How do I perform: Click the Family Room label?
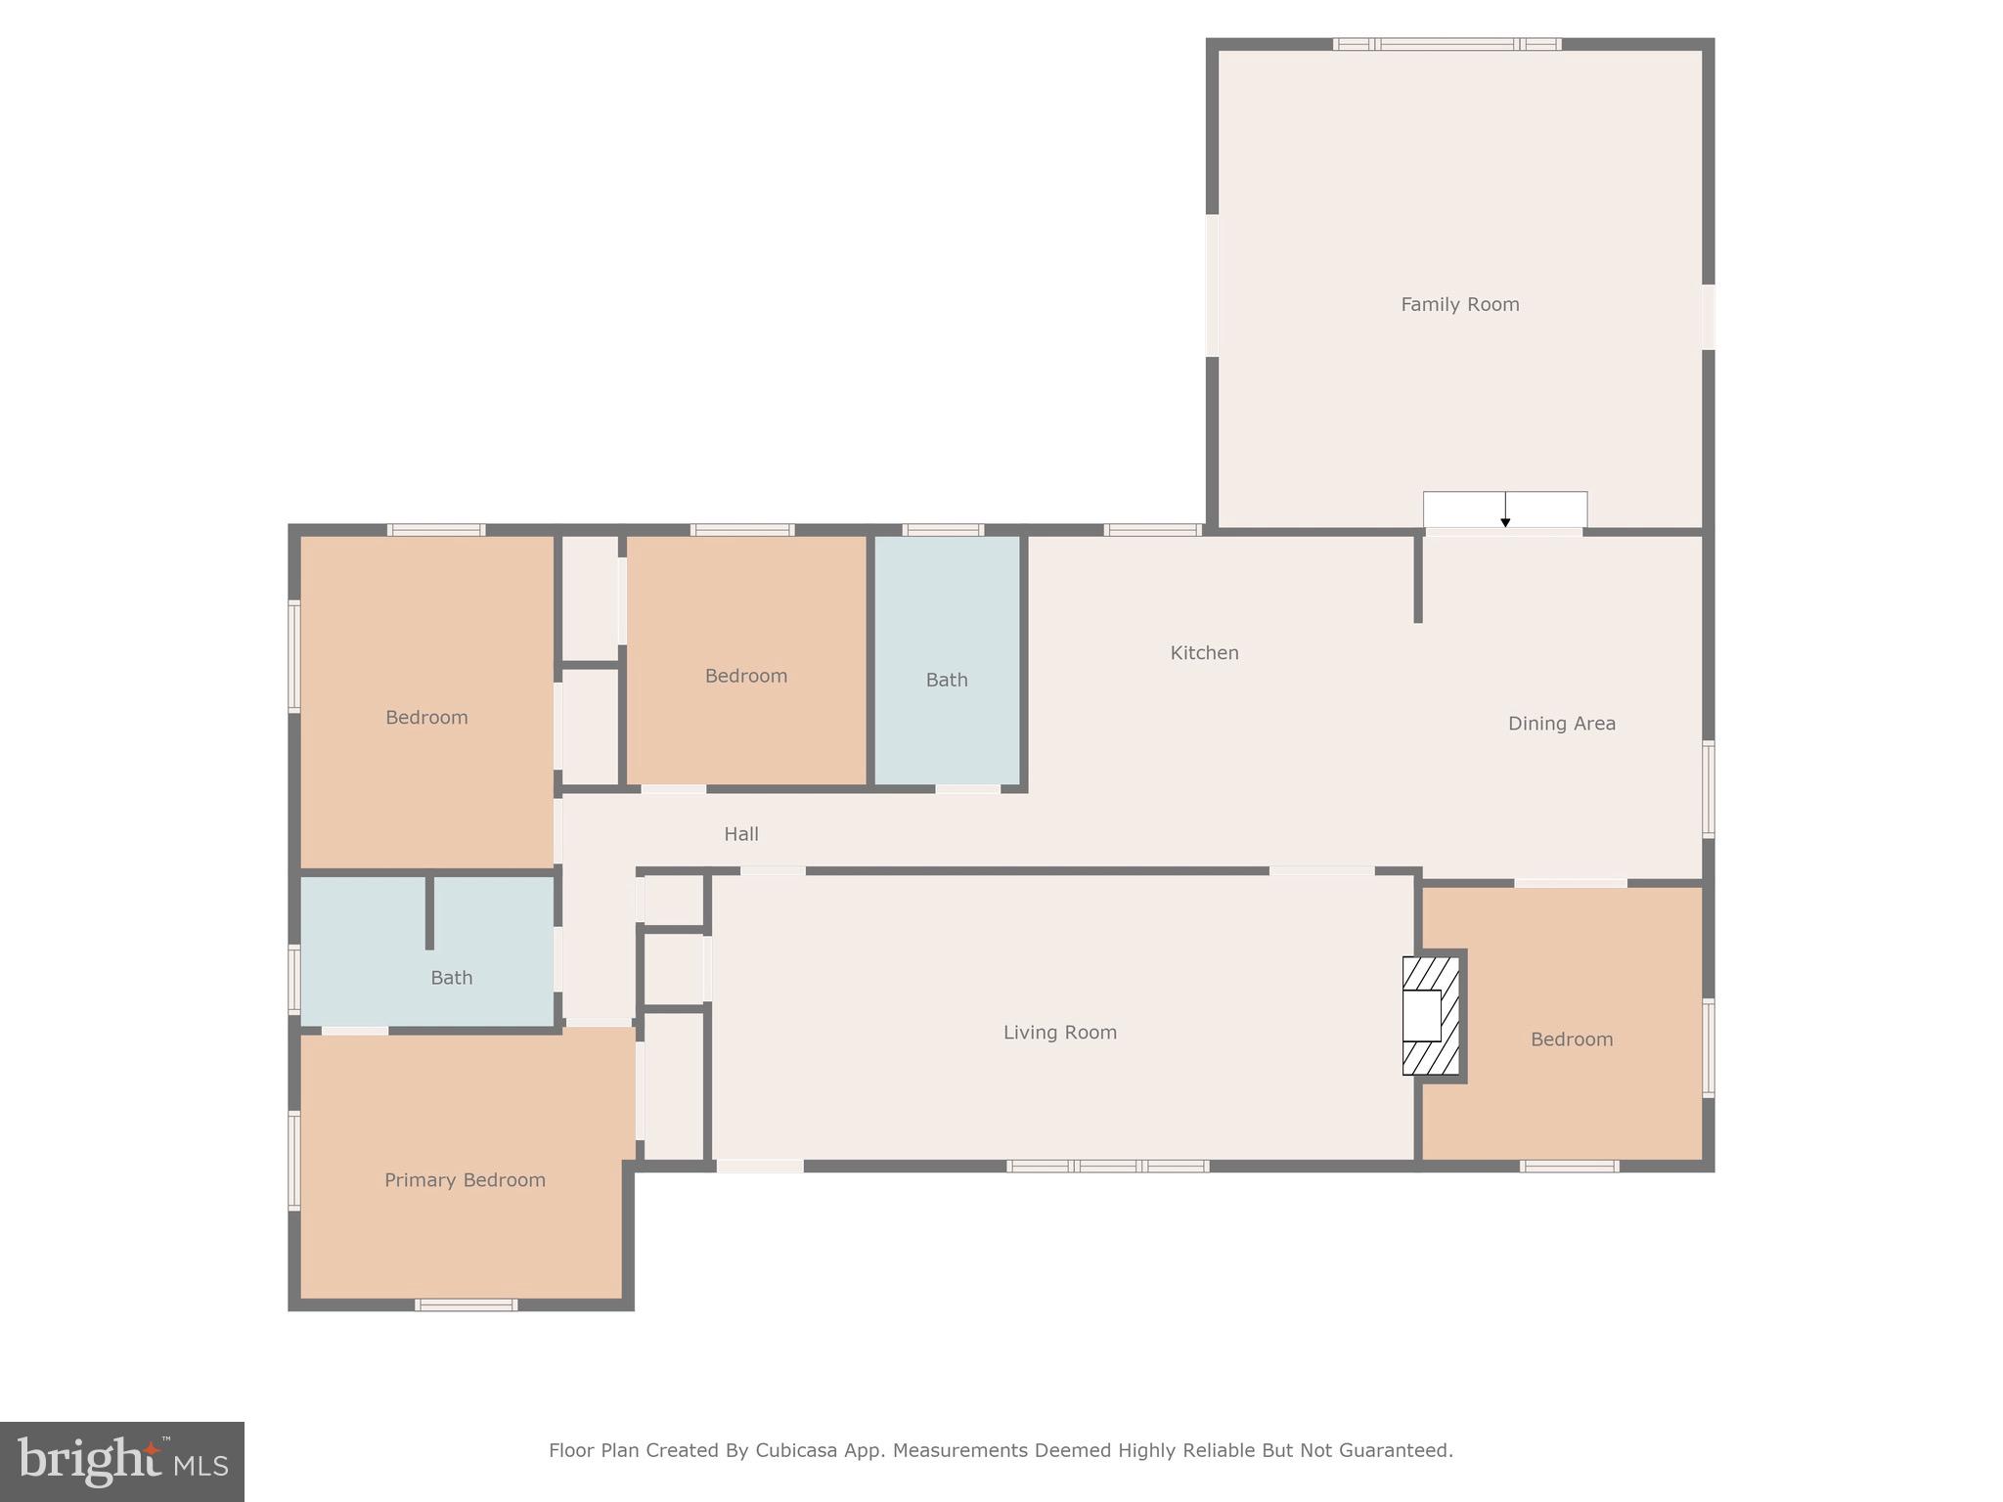pyautogui.click(x=1459, y=305)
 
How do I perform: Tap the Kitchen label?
pyautogui.click(x=1204, y=653)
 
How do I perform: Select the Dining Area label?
pyautogui.click(x=1561, y=724)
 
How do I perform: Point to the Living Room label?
pyautogui.click(x=1059, y=1033)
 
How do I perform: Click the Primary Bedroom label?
pyautogui.click(x=465, y=1180)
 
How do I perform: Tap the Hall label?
pyautogui.click(x=740, y=834)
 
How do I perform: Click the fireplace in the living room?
pyautogui.click(x=1431, y=1016)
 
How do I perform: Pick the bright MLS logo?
pyautogui.click(x=122, y=1461)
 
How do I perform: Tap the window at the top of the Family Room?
pyautogui.click(x=1447, y=44)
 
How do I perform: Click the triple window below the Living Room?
pyautogui.click(x=1107, y=1166)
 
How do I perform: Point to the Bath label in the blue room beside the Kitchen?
pyautogui.click(x=947, y=680)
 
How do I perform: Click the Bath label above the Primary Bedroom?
pyautogui.click(x=451, y=978)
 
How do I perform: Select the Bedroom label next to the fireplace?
pyautogui.click(x=1571, y=1039)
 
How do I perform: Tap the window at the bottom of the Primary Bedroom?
pyautogui.click(x=466, y=1304)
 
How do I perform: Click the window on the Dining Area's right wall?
pyautogui.click(x=1708, y=788)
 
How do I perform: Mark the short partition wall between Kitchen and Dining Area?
pyautogui.click(x=1417, y=579)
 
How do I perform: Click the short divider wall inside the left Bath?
pyautogui.click(x=429, y=911)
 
